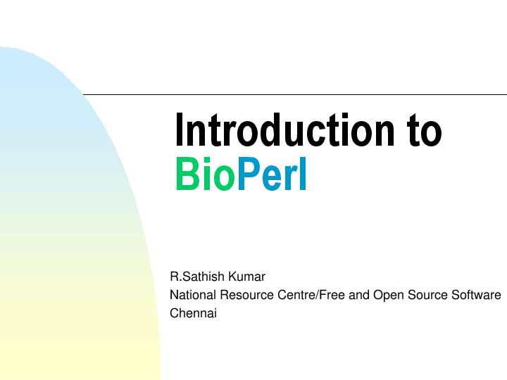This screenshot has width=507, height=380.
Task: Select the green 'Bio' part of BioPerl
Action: click(x=205, y=175)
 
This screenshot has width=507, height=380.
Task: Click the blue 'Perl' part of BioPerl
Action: click(x=272, y=175)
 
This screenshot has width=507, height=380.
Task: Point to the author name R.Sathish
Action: click(x=198, y=277)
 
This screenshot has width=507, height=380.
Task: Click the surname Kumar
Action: click(x=246, y=277)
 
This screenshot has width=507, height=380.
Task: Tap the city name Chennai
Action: click(x=193, y=314)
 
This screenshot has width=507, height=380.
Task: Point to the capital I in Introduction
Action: click(x=180, y=131)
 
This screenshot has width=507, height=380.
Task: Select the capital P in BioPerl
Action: click(x=247, y=175)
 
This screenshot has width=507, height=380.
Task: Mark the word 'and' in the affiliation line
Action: click(x=358, y=296)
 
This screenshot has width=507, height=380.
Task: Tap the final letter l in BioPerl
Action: click(x=303, y=175)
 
